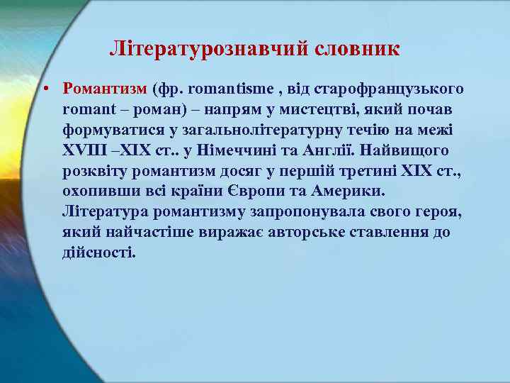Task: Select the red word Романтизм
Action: click(103, 89)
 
